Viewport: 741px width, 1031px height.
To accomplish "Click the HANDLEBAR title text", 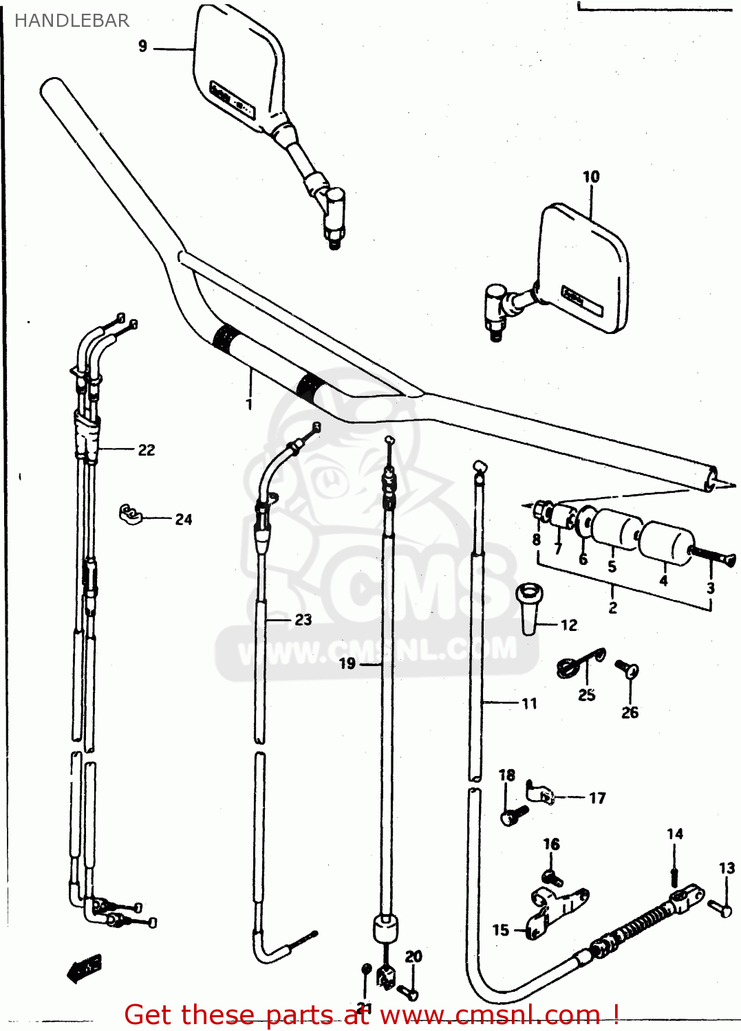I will click(72, 21).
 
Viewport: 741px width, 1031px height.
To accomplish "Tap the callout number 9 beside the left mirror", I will click(142, 46).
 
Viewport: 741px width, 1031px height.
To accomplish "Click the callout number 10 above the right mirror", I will click(591, 177).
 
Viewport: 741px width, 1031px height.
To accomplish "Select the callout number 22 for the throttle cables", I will click(147, 450).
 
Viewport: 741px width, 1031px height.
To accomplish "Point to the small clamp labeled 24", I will click(130, 514).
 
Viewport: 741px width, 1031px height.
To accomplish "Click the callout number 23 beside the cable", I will click(303, 620).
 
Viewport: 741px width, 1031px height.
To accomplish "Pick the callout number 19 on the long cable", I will click(347, 663).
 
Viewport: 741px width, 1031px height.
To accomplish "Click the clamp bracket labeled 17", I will click(541, 794).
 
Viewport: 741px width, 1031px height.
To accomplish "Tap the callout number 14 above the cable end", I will click(675, 834).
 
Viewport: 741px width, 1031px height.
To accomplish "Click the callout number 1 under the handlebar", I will click(249, 404).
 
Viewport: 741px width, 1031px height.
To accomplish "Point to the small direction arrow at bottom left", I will click(85, 968).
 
